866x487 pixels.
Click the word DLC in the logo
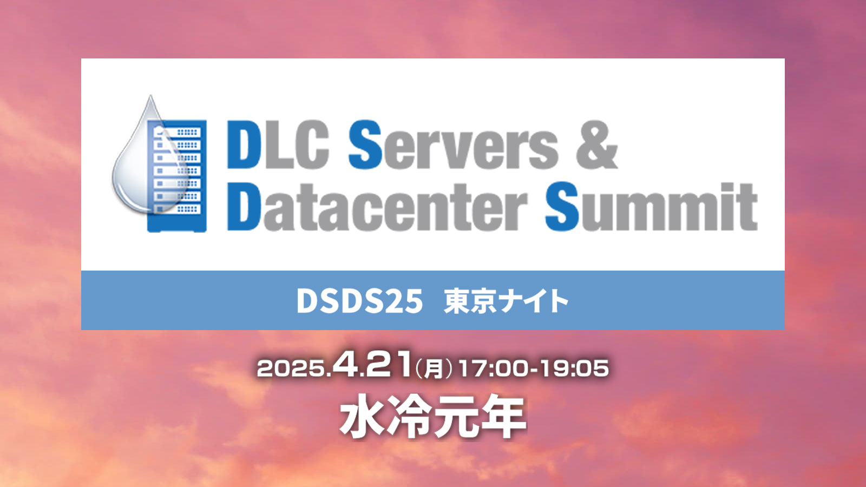(x=278, y=144)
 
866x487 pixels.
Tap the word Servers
(x=453, y=144)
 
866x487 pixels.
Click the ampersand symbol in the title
(x=596, y=144)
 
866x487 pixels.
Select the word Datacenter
(x=377, y=207)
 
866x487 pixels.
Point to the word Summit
(x=651, y=207)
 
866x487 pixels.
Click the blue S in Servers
(x=365, y=144)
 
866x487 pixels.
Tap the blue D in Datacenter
(x=244, y=207)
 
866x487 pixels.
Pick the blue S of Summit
(x=562, y=207)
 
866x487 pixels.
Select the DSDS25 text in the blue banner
(x=359, y=301)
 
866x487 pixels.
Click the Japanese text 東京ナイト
(x=506, y=301)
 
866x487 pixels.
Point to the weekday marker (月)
(x=434, y=368)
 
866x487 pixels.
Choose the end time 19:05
(x=574, y=368)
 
